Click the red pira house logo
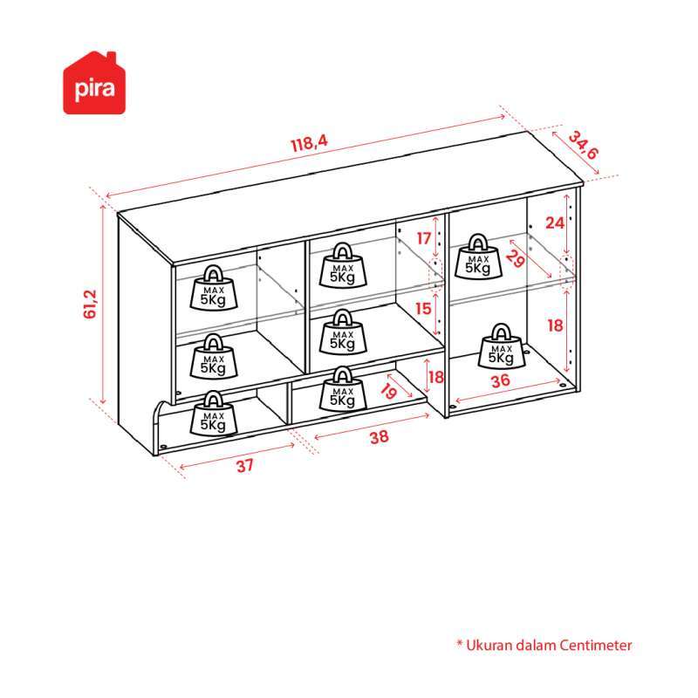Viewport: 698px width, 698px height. pyautogui.click(x=94, y=83)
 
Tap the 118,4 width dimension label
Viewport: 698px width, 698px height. pyautogui.click(x=310, y=144)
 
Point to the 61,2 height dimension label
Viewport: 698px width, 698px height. pyautogui.click(x=90, y=304)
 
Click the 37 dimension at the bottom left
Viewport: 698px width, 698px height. pyautogui.click(x=245, y=466)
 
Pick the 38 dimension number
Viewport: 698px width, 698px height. pyautogui.click(x=380, y=437)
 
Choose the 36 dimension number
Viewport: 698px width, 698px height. pyautogui.click(x=500, y=380)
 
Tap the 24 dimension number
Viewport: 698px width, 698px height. pyautogui.click(x=555, y=222)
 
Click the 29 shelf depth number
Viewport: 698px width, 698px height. pyautogui.click(x=515, y=258)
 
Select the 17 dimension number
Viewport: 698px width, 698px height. pyautogui.click(x=424, y=238)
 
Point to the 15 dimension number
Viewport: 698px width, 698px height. pyautogui.click(x=423, y=309)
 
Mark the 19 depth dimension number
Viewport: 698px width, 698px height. pyautogui.click(x=388, y=391)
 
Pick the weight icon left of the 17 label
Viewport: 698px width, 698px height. pyautogui.click(x=343, y=265)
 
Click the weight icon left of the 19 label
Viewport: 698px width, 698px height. pyautogui.click(x=343, y=389)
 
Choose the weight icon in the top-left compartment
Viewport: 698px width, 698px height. pyautogui.click(x=214, y=288)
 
